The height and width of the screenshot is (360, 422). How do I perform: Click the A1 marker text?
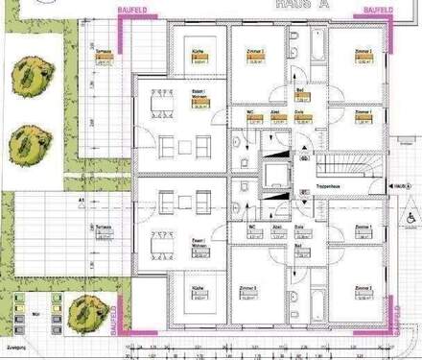tap(83, 199)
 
